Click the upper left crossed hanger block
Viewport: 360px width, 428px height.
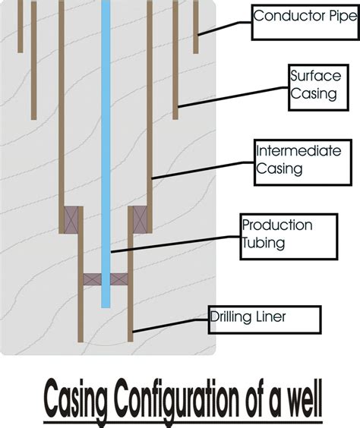71,219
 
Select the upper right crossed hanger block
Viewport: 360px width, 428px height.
140,219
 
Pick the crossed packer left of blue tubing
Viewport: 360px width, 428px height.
92,279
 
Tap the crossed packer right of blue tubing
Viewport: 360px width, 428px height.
119,279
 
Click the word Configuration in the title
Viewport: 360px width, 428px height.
178,400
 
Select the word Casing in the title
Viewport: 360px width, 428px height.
78,400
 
